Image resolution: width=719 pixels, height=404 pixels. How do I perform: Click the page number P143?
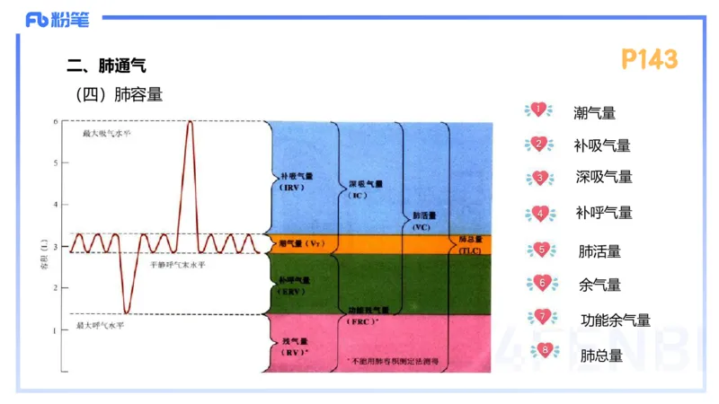pos(649,59)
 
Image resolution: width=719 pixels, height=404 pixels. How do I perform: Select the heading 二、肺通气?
pos(106,65)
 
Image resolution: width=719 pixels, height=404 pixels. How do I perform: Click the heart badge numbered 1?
pos(537,110)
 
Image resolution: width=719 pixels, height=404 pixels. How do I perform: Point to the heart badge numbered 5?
pos(539,250)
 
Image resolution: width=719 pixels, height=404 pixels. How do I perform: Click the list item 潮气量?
pos(594,113)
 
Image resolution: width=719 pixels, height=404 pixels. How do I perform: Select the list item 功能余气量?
pos(616,320)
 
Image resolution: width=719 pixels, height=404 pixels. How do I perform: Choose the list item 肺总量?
pos(601,355)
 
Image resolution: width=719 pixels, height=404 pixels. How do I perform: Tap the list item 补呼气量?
pos(604,213)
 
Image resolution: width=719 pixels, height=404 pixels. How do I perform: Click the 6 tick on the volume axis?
pos(56,121)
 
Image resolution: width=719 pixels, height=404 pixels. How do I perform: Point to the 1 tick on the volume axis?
pos(56,330)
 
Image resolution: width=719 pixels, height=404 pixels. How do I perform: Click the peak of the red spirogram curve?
pos(190,122)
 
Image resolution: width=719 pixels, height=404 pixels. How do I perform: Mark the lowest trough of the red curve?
pos(127,312)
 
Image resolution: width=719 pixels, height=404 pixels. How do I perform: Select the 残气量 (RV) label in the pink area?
pos(294,347)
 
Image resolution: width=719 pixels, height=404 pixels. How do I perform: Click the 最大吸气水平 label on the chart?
pos(106,133)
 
